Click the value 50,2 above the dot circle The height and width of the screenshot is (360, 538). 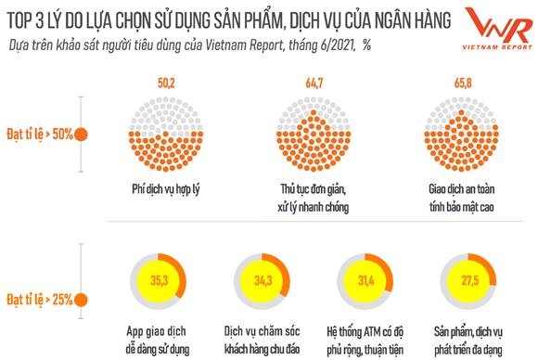click(166, 84)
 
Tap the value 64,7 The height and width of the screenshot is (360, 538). click(313, 84)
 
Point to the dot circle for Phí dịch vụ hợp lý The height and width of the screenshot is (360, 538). click(166, 136)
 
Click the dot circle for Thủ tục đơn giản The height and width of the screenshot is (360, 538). click(313, 136)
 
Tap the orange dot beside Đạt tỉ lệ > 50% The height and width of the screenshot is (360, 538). click(83, 134)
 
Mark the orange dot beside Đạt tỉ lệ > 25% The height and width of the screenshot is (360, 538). click(83, 300)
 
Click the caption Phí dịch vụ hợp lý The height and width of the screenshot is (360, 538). click(166, 189)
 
